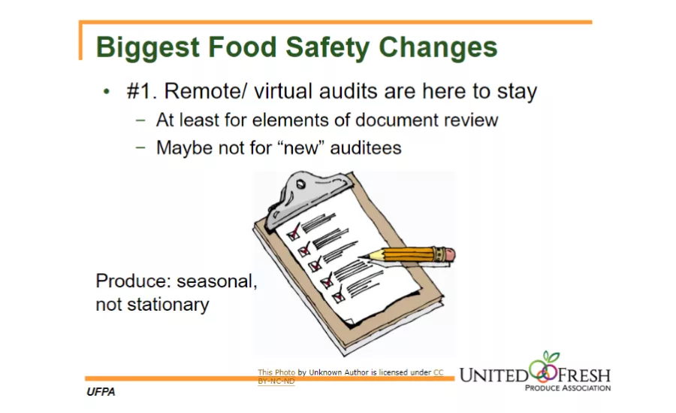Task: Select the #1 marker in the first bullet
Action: click(140, 92)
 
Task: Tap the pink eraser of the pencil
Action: click(448, 254)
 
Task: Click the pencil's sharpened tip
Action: click(363, 258)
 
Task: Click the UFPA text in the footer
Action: click(101, 393)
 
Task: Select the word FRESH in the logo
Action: click(582, 374)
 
